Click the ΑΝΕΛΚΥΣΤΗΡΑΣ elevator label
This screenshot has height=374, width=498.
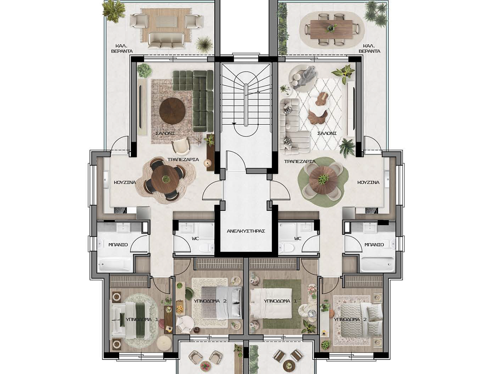246,231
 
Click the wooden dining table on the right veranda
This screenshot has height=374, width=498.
331,29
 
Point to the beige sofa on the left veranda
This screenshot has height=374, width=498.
166,40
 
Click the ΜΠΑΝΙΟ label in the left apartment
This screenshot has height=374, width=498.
118,245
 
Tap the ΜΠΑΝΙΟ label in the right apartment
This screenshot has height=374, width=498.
374,244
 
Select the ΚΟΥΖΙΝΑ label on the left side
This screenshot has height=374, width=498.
125,182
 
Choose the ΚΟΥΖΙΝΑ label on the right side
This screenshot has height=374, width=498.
368,182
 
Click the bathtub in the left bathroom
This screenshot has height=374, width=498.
115,264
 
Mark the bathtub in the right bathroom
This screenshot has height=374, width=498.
377,264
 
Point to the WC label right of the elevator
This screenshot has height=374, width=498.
297,239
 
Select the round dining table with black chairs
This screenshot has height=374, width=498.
164,178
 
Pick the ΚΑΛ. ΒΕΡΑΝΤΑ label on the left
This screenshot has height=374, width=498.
122,48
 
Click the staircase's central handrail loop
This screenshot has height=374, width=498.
246,104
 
